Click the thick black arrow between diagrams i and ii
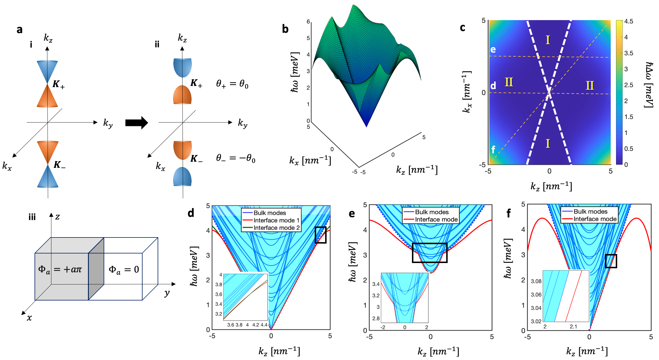pyautogui.click(x=136, y=123)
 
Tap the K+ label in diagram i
pyautogui.click(x=58, y=84)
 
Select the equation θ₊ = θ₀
pyautogui.click(x=232, y=84)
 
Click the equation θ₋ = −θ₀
pyautogui.click(x=235, y=158)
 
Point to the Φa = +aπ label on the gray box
pyautogui.click(x=60, y=270)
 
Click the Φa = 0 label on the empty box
pyautogui.click(x=124, y=270)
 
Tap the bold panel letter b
pyautogui.click(x=285, y=29)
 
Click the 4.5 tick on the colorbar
pyautogui.click(x=629, y=21)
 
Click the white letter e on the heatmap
pyautogui.click(x=493, y=50)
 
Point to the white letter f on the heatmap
pyautogui.click(x=493, y=150)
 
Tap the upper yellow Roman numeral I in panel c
pyautogui.click(x=548, y=40)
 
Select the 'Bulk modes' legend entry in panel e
pyautogui.click(x=431, y=212)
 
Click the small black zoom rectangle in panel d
pyautogui.click(x=321, y=235)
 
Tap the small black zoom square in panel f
pyautogui.click(x=611, y=261)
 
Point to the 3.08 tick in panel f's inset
pyautogui.click(x=536, y=281)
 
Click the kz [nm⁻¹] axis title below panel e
pyautogui.click(x=438, y=352)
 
